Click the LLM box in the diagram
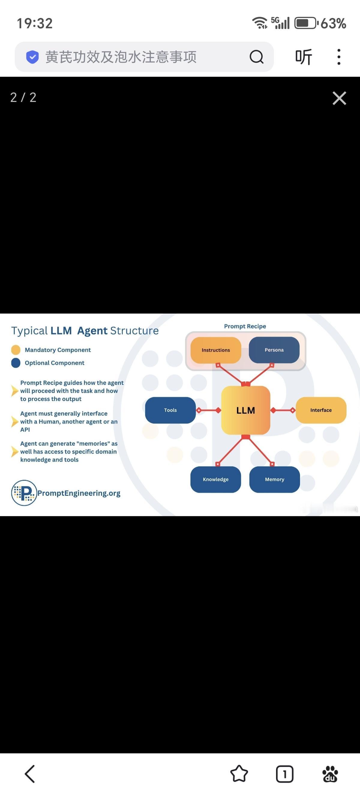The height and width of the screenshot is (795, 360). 246,410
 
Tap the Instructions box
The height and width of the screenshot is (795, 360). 216,350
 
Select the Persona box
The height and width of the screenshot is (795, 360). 274,350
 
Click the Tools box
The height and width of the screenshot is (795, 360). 170,410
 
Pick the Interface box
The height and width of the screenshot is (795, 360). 321,410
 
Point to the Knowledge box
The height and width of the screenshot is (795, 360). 216,479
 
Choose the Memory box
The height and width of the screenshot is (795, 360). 274,479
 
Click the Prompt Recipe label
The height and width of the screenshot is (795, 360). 245,326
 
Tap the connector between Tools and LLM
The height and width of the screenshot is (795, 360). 209,410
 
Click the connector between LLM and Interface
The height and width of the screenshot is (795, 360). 283,410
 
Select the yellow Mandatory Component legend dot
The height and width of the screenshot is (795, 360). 16,350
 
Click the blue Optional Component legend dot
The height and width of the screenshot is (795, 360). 16,363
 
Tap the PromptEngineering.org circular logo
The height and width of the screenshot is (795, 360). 24,493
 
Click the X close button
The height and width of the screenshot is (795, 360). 339,98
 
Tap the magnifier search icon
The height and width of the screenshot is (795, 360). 256,57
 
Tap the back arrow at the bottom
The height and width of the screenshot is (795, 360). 30,774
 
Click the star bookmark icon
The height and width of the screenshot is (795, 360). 239,774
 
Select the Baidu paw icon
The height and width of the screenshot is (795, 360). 330,774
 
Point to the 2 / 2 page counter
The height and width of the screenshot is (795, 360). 23,97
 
